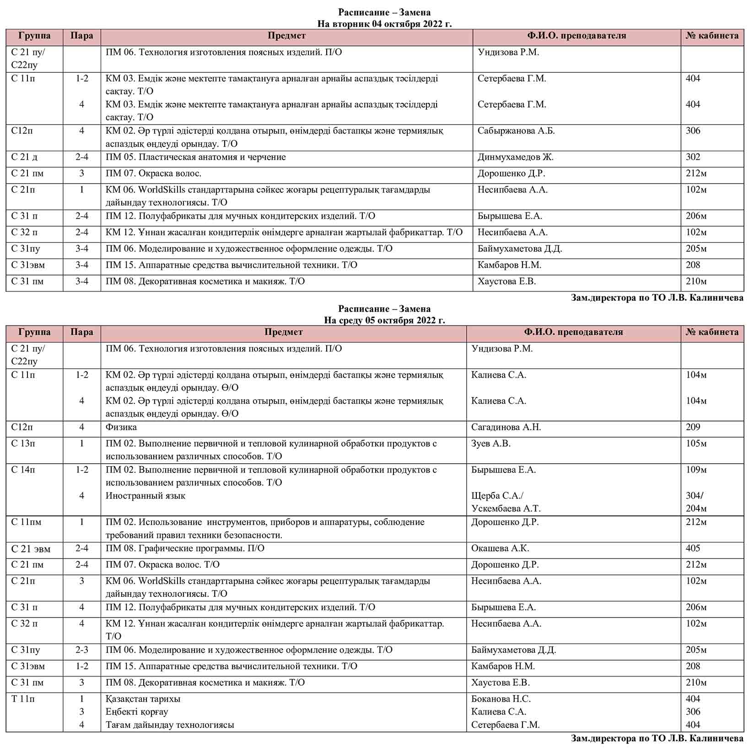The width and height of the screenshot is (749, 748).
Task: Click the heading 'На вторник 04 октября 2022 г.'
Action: [384, 24]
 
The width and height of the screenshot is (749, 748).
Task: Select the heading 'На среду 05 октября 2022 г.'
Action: [384, 320]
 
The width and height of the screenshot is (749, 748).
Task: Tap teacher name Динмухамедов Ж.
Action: [515, 157]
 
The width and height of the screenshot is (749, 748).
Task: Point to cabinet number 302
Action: [693, 157]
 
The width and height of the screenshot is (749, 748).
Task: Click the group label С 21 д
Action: [24, 157]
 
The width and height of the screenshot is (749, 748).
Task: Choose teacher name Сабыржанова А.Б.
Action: [516, 131]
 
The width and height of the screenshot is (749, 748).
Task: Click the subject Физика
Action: [121, 427]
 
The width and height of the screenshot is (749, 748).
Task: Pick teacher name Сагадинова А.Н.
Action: [506, 427]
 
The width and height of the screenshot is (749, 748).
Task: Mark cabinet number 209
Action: [693, 427]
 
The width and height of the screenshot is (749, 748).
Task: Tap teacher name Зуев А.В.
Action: [490, 443]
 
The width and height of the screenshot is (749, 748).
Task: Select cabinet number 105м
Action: [696, 443]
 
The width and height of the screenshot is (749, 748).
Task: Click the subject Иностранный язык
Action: [145, 495]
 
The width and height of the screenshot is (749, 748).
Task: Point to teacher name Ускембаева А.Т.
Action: [506, 508]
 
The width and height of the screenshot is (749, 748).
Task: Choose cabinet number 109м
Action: [696, 470]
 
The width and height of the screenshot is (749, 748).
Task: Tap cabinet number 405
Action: [693, 548]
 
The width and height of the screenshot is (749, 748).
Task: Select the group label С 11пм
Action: [26, 522]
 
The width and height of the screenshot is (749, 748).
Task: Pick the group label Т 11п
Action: [23, 699]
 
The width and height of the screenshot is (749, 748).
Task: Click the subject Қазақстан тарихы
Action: [143, 699]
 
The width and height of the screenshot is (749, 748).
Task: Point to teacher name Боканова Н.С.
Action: [501, 699]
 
